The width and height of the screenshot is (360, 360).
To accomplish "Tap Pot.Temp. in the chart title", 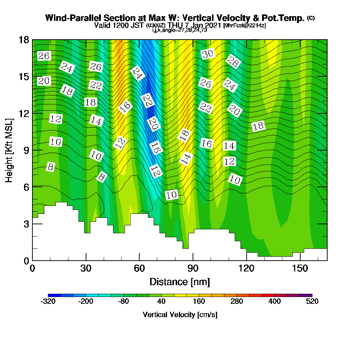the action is point(283,18).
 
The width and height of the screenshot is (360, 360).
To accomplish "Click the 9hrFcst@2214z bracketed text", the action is point(245,26).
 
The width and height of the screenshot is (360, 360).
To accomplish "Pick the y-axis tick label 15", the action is point(24,76).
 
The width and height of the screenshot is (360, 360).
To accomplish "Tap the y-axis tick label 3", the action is point(26,224).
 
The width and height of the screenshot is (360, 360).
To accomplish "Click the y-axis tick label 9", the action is point(26,150).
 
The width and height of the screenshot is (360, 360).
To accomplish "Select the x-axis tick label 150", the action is point(300,268).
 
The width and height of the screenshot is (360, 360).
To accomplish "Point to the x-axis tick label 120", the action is point(246,268).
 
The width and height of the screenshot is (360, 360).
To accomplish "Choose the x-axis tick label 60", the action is point(139,268).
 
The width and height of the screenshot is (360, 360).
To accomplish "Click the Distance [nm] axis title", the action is point(180,282).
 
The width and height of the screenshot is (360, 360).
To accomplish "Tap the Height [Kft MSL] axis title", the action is point(9,150).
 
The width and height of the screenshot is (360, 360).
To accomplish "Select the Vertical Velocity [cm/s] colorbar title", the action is point(180,315).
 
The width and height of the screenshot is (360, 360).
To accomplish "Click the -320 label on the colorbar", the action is point(48,301).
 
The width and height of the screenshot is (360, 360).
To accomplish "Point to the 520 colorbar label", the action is point(312,301).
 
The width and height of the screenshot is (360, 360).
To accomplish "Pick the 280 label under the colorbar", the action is point(237,301).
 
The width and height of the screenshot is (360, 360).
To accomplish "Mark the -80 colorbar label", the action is point(123,301).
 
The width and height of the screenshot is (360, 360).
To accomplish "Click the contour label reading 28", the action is point(233,62).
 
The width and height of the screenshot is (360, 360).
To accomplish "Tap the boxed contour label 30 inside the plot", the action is point(208,54).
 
